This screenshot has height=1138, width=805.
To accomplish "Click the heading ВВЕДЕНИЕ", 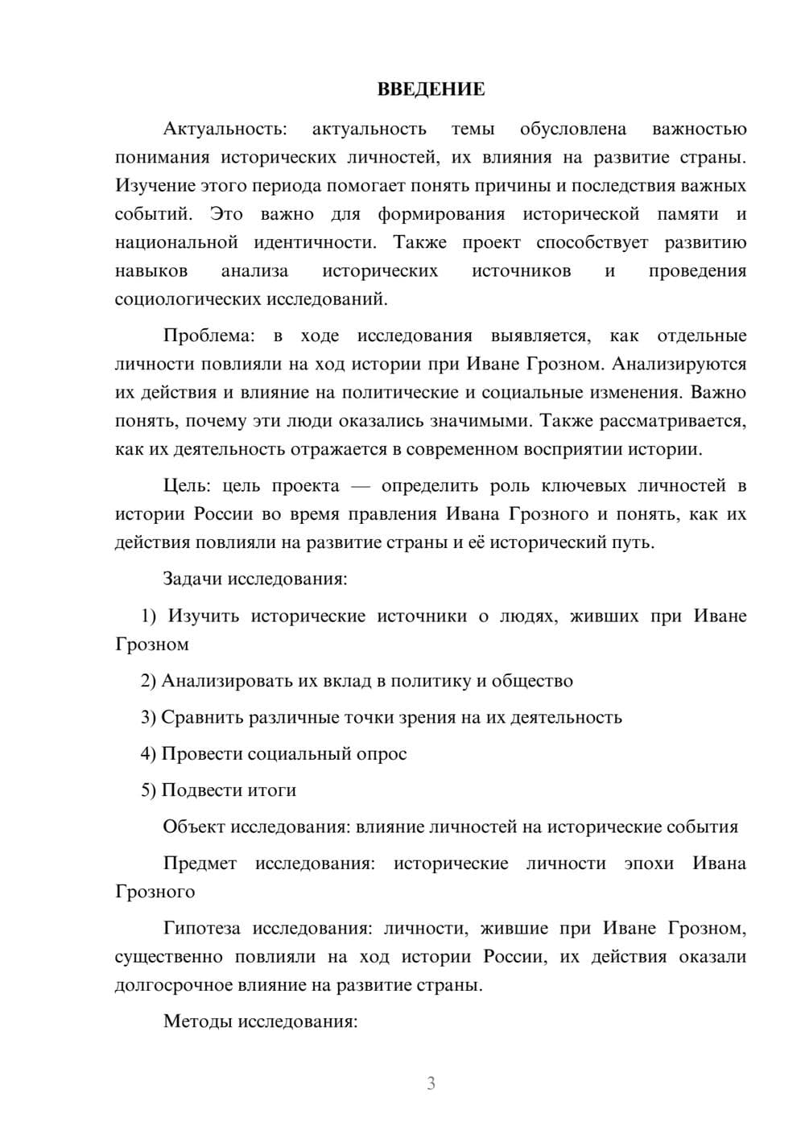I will coord(431,89).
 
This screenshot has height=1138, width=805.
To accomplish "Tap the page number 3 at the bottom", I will coord(431,1083).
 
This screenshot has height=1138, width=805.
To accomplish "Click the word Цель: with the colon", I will coord(187,486).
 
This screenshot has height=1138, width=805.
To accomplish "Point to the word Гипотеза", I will coord(201,928).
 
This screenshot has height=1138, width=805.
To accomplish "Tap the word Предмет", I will coord(200,864).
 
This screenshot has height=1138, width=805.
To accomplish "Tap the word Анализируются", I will coord(679,364).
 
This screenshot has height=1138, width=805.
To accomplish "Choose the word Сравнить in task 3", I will coord(196,717).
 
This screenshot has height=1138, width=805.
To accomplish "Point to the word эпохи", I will coord(649,864).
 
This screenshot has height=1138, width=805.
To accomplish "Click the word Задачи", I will coord(192,579).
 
